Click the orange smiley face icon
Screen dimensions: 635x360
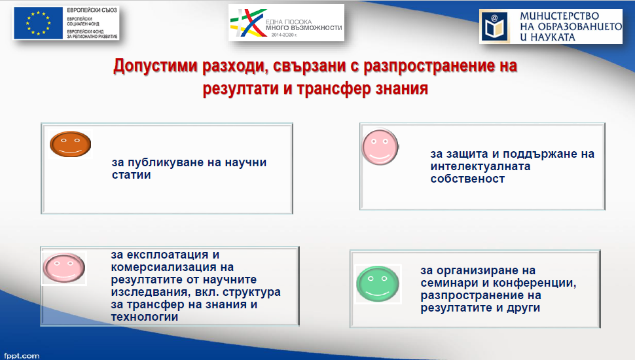click(71, 144)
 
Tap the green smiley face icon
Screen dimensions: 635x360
click(378, 284)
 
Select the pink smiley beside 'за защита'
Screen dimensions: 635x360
click(380, 147)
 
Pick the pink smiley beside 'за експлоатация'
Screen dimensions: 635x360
click(64, 268)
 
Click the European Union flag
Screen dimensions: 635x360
click(39, 23)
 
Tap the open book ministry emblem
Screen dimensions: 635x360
click(494, 27)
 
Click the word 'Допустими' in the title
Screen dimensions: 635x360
click(155, 66)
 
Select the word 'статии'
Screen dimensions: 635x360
click(131, 175)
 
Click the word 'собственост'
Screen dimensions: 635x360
click(468, 179)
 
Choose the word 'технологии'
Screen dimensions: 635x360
click(145, 317)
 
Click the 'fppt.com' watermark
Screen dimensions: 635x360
click(22, 355)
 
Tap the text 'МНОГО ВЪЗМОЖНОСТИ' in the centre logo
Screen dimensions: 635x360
click(304, 28)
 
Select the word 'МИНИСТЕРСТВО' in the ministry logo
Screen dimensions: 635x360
click(559, 16)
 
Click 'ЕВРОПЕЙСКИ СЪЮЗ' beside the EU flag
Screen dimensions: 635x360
click(92, 10)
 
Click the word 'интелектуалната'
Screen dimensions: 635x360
click(481, 166)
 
